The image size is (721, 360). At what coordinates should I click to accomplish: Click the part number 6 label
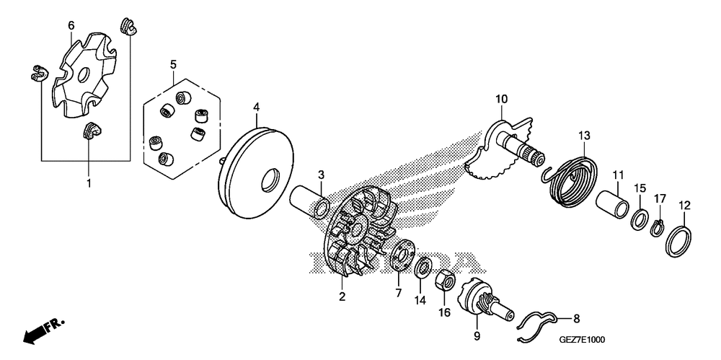coord(71,25)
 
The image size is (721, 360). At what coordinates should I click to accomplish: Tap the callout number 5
coord(173,65)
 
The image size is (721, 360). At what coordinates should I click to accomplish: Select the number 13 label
coord(584,135)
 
